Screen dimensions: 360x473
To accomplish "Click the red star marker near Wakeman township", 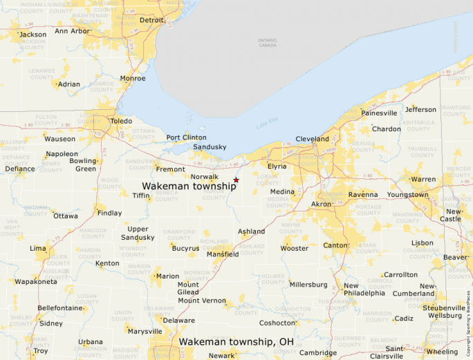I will point(236,180).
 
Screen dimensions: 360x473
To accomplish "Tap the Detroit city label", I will point(152,20).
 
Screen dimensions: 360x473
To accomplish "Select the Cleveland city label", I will point(312,139).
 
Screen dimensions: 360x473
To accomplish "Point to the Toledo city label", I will point(120,120).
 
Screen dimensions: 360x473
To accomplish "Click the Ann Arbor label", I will point(72,31).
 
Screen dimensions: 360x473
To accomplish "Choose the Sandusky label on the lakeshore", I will point(210,147).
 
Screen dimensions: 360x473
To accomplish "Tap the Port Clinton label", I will point(186,138).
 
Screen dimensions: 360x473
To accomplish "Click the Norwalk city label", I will point(205,177).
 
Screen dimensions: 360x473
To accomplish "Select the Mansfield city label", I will point(223,254).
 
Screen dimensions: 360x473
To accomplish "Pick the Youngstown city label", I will point(407,195).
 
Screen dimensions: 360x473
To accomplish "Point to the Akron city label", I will point(321,205).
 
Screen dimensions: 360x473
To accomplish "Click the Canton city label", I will point(335,245).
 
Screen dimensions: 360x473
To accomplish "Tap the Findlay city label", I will point(109,214).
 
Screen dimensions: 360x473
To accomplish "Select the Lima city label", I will point(38,248).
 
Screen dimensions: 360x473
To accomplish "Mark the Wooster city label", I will point(294,248).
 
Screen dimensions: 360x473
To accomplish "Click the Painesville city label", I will point(379,113).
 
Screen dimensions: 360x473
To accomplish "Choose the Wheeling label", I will point(441,352).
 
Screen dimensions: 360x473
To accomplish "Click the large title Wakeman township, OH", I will point(236,341).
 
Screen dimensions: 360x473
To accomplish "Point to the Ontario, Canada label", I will point(268,43).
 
